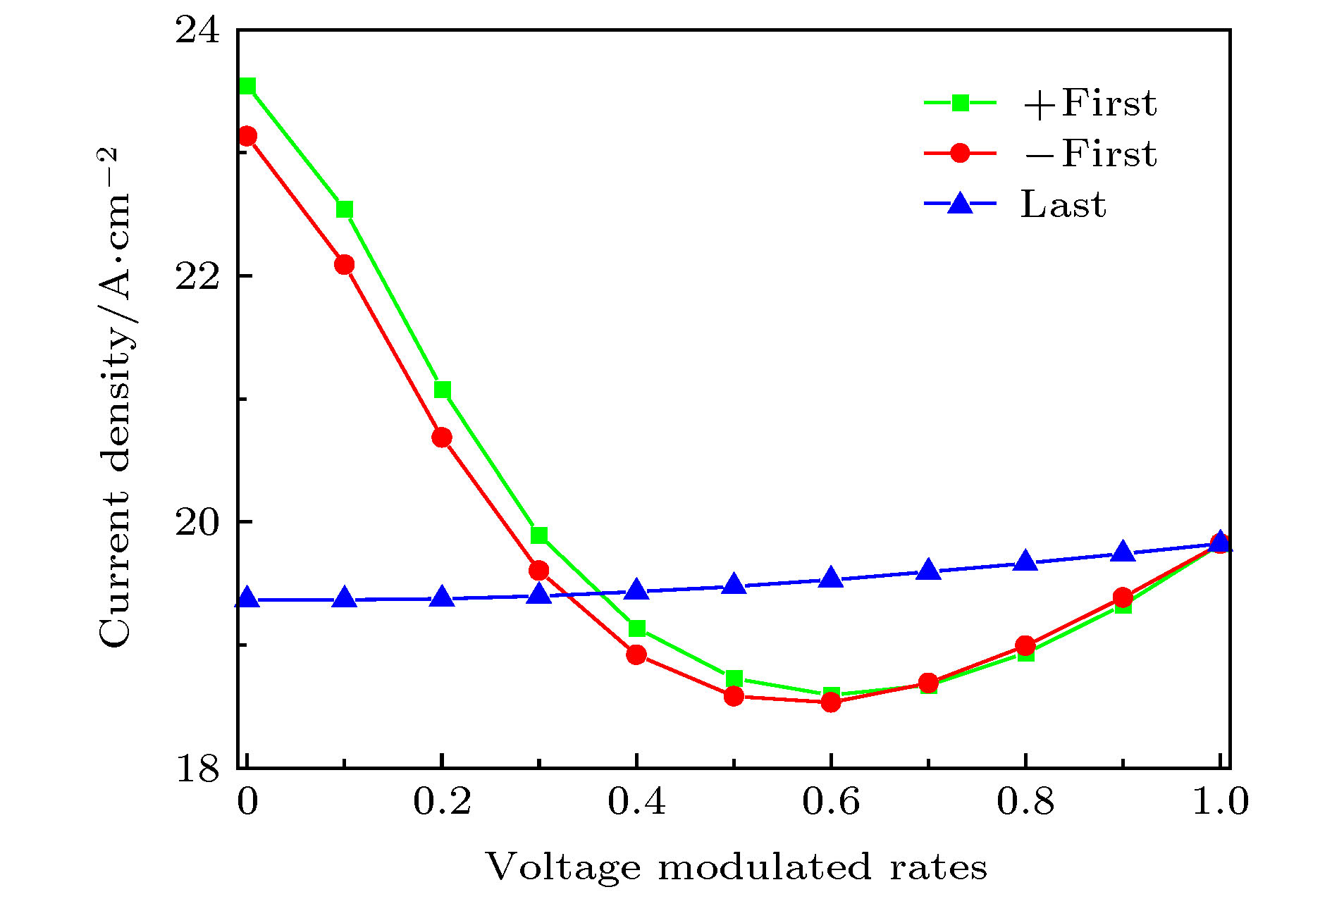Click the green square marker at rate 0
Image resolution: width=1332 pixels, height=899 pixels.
click(x=247, y=86)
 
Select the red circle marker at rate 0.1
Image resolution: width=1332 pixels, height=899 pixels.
click(x=344, y=264)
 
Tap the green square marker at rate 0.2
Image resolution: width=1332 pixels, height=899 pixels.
click(x=442, y=390)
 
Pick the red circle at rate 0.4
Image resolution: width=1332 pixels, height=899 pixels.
click(x=636, y=655)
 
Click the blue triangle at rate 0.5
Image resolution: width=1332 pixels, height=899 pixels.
click(x=734, y=585)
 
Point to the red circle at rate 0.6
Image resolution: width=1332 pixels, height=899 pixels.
click(x=831, y=702)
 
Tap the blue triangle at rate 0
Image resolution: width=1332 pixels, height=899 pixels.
click(x=247, y=599)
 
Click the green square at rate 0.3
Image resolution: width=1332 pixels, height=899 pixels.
click(x=539, y=535)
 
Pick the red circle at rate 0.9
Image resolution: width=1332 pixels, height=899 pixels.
click(x=1123, y=597)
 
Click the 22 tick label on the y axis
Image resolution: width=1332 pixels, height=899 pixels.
click(x=197, y=276)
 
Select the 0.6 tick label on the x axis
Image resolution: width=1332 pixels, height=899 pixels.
click(x=831, y=802)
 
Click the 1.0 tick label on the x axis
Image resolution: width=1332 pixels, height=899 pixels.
click(x=1220, y=802)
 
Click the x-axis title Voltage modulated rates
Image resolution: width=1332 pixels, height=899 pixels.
click(x=736, y=867)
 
